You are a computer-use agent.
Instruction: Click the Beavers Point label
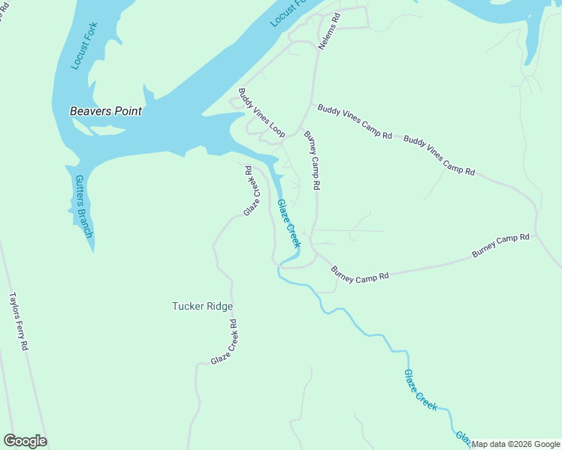pos(106,111)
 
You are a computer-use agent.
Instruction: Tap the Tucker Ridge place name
pos(202,306)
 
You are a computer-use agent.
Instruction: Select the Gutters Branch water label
pos(83,207)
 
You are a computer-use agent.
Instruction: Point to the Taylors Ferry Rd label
pos(19,322)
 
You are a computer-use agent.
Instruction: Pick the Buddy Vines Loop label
pos(261,113)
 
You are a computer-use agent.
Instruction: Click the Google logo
pos(26,441)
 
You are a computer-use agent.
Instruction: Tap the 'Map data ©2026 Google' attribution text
pos(515,444)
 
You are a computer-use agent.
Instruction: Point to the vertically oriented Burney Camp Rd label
pos(313,160)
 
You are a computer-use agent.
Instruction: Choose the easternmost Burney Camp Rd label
pos(500,247)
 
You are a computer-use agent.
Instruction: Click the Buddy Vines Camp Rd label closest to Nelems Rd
pos(355,121)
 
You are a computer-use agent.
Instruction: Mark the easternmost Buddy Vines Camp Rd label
pos(440,155)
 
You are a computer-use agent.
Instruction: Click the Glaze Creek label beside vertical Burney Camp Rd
pos(289,223)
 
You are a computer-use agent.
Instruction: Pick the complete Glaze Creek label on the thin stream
pos(421,390)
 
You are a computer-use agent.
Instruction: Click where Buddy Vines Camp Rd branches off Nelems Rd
pos(311,104)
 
